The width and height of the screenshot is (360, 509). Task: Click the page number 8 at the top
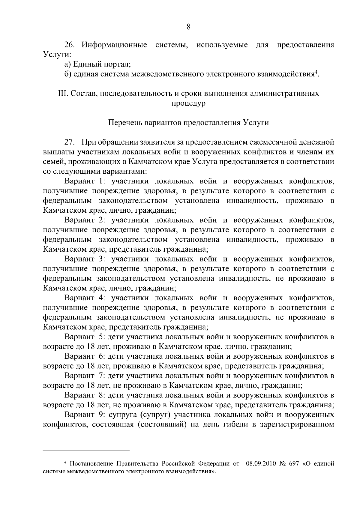pyautogui.click(x=188, y=27)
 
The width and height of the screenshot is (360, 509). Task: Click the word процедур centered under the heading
pyautogui.click(x=188, y=103)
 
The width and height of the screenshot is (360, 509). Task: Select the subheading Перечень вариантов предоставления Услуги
pyautogui.click(x=188, y=123)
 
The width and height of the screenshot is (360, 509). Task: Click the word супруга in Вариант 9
pyautogui.click(x=123, y=415)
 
